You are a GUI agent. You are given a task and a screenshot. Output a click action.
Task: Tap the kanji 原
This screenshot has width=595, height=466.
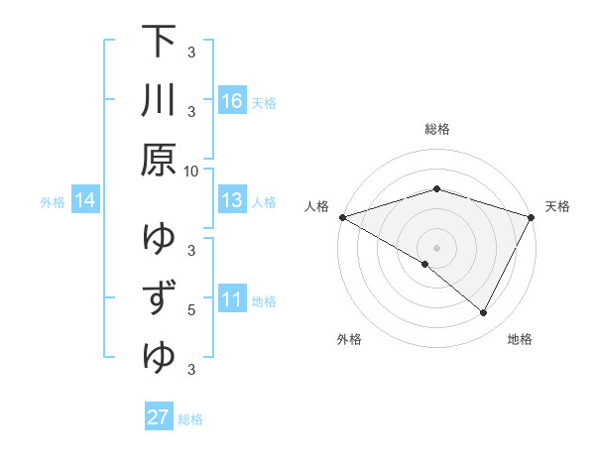(x=160, y=159)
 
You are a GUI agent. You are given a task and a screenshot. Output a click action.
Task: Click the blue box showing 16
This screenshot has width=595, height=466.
(x=232, y=101)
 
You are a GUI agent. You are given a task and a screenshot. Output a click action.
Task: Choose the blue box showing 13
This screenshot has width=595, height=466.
(x=232, y=201)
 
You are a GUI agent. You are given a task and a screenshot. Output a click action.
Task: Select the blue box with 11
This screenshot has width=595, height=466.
(x=232, y=300)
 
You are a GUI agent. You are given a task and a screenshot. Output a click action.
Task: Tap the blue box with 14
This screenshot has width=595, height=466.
(x=85, y=201)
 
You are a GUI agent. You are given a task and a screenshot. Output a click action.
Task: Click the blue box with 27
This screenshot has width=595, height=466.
(x=158, y=417)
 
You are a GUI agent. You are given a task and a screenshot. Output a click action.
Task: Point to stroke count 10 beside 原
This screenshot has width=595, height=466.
(x=191, y=171)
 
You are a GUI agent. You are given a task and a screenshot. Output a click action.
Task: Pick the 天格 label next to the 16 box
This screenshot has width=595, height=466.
(x=264, y=102)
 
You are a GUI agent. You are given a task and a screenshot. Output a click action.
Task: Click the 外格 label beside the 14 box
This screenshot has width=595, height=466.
(x=53, y=202)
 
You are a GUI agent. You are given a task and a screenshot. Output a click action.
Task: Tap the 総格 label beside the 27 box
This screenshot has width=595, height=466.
(x=190, y=418)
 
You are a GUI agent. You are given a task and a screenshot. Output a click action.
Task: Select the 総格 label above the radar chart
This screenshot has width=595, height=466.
(x=436, y=129)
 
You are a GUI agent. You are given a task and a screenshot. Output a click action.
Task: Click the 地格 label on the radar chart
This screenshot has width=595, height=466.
(x=520, y=340)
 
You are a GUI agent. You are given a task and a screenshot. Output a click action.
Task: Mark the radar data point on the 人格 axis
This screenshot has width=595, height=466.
(x=341, y=216)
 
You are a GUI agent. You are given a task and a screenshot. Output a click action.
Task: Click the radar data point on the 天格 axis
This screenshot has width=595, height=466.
(x=532, y=216)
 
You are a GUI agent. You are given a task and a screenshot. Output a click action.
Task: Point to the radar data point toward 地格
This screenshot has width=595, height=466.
(x=484, y=313)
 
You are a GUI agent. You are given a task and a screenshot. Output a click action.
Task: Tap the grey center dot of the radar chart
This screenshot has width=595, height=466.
(x=436, y=247)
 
